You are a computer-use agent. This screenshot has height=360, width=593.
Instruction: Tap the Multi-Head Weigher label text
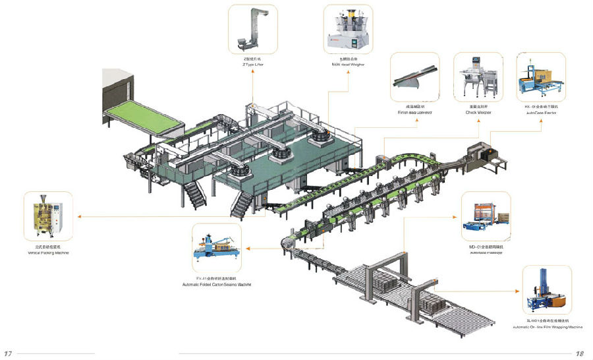(x=348, y=65)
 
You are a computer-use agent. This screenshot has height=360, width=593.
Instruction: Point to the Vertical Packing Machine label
(x=47, y=253)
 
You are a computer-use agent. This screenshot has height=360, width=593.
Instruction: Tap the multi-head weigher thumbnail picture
(x=348, y=30)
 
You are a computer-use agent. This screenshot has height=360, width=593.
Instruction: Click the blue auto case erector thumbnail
(x=542, y=78)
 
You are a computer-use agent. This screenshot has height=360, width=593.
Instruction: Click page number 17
(x=8, y=353)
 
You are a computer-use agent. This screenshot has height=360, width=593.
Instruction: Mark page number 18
(x=580, y=353)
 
